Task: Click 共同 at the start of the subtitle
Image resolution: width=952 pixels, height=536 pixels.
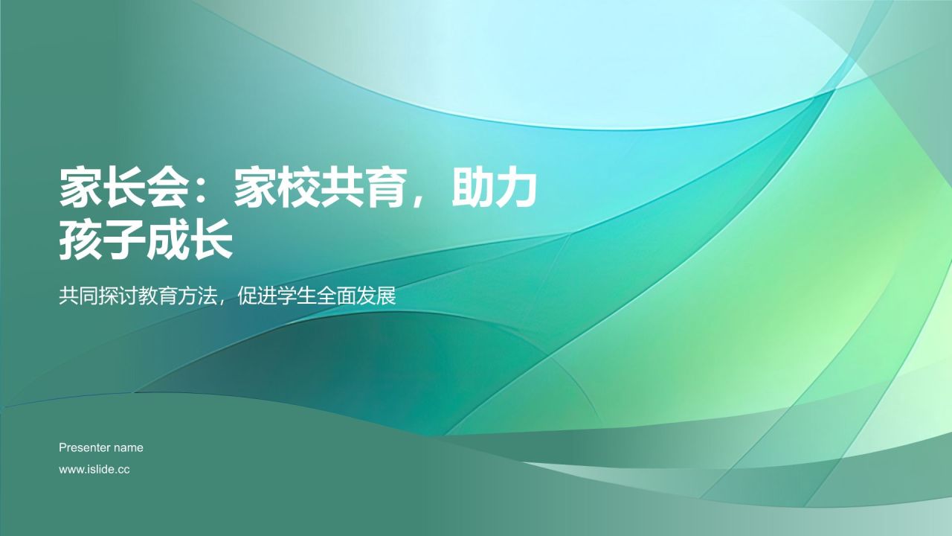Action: (x=77, y=296)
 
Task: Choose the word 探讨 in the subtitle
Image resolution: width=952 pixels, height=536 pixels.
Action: (x=115, y=296)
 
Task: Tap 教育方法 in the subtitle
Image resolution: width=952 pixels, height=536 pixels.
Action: (x=172, y=296)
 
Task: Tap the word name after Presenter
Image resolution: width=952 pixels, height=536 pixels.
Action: (x=129, y=447)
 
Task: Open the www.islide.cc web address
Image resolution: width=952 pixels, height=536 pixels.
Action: (x=94, y=470)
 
